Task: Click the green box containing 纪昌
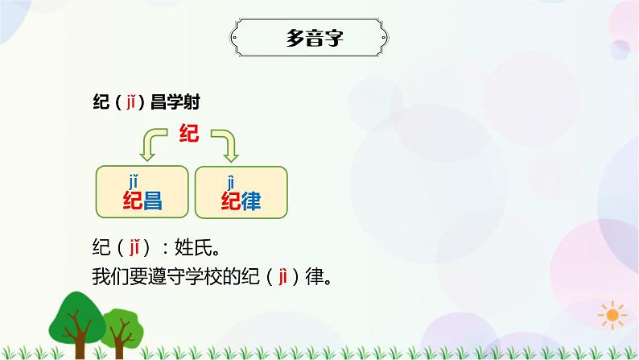click(142, 192)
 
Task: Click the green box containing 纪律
click(241, 192)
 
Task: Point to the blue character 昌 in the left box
click(153, 201)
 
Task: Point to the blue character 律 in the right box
click(252, 201)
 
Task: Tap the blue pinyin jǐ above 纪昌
click(133, 180)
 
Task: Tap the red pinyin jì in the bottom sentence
click(282, 276)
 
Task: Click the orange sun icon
click(614, 314)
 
